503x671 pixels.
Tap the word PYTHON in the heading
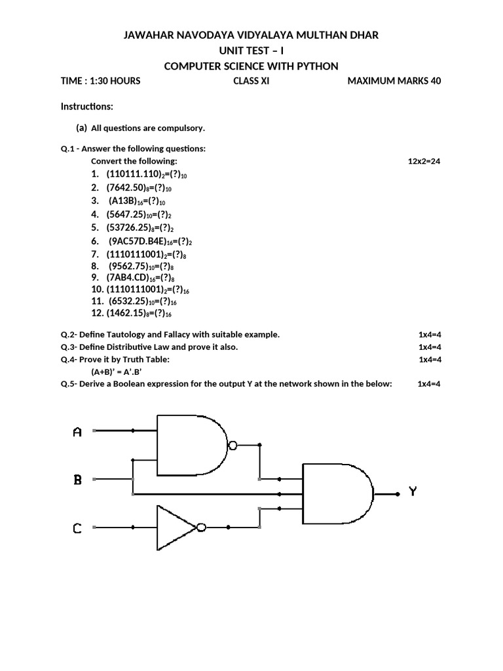tap(318, 66)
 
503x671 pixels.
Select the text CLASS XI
tap(251, 81)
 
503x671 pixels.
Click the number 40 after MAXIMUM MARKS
tap(436, 81)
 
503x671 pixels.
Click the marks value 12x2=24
tap(424, 161)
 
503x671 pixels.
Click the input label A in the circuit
tap(77, 432)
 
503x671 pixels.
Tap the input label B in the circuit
tap(77, 480)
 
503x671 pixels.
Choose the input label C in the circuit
tap(77, 527)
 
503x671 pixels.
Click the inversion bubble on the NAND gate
tap(233, 446)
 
